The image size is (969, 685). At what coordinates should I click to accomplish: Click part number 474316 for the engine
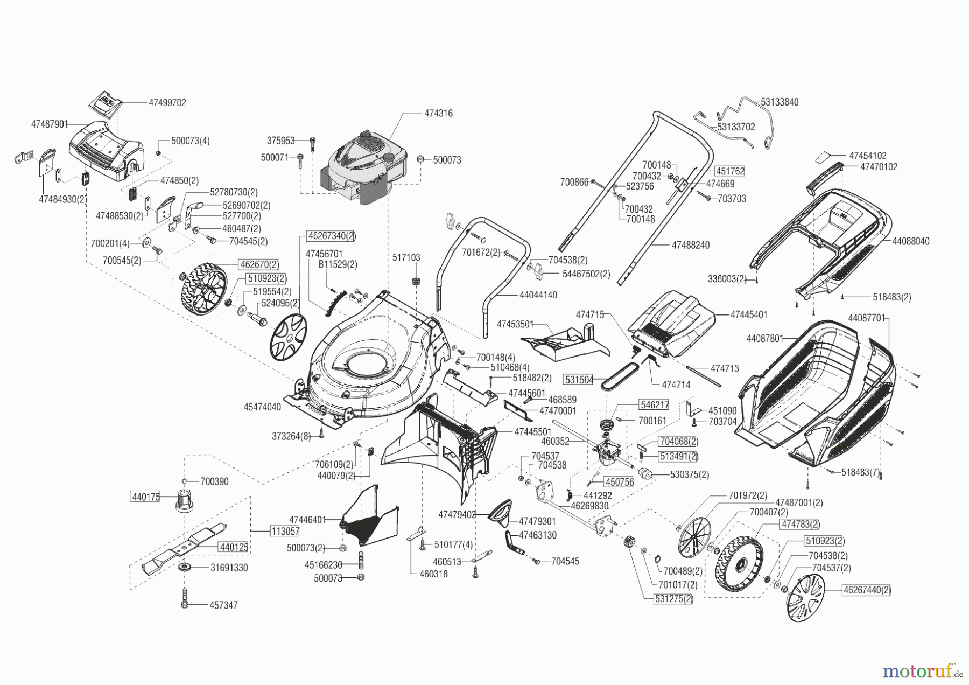(x=438, y=114)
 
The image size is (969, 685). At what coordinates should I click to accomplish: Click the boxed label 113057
(x=284, y=531)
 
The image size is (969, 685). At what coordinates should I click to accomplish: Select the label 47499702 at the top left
(x=167, y=103)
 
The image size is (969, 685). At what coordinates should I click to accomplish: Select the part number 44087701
(x=867, y=318)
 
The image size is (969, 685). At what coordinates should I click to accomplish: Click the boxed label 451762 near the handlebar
(x=729, y=171)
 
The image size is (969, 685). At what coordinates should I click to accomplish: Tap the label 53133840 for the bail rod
(x=780, y=102)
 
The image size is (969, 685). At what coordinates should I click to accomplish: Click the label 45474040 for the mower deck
(x=262, y=407)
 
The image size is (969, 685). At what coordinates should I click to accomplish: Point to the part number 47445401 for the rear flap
(x=749, y=314)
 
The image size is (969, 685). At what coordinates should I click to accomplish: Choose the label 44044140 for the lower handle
(x=538, y=295)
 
